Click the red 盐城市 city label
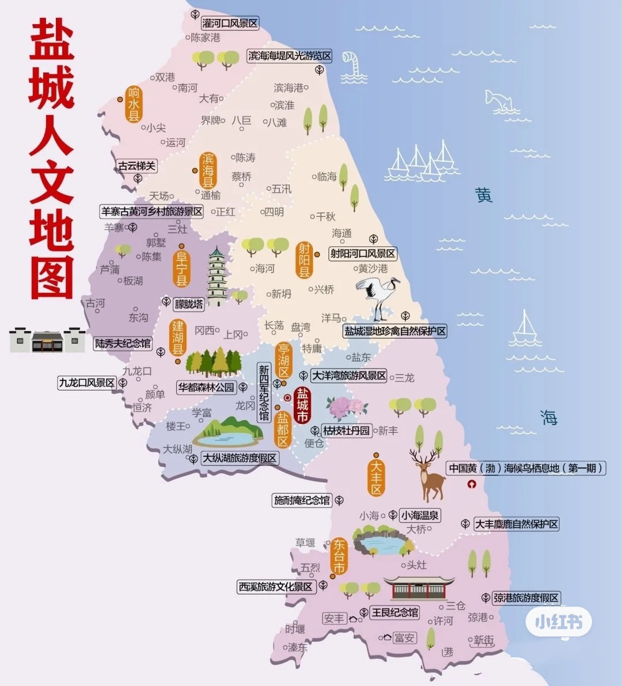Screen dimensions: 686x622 point(302,405)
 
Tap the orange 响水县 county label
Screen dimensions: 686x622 point(134,104)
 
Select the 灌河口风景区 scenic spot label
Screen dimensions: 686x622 point(230,24)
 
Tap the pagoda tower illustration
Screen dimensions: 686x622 point(217,277)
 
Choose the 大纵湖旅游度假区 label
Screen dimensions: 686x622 point(240,458)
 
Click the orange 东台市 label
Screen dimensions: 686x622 point(339,556)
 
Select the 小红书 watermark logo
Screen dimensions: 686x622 point(558,622)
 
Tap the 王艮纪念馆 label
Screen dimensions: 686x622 point(395,612)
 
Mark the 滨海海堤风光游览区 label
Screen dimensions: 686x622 point(290,56)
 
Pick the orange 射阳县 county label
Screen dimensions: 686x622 point(304,260)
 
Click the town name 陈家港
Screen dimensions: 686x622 point(206,37)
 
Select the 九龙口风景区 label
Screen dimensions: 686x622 point(87,382)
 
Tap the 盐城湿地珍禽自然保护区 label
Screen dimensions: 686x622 point(395,331)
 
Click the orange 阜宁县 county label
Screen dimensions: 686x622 point(181,268)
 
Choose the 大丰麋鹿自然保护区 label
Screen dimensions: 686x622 point(517,524)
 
